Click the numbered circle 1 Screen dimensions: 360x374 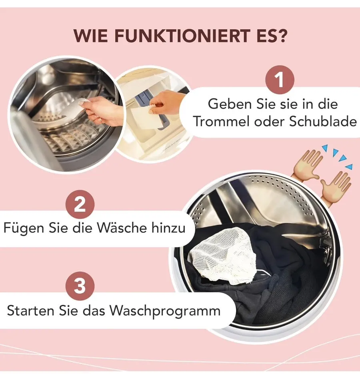pos(280,80)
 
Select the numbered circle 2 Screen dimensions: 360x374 pos(80,204)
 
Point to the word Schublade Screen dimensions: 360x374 pos(323,121)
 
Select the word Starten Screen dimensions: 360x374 pos(30,310)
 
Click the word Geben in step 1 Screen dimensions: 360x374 pos(230,104)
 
